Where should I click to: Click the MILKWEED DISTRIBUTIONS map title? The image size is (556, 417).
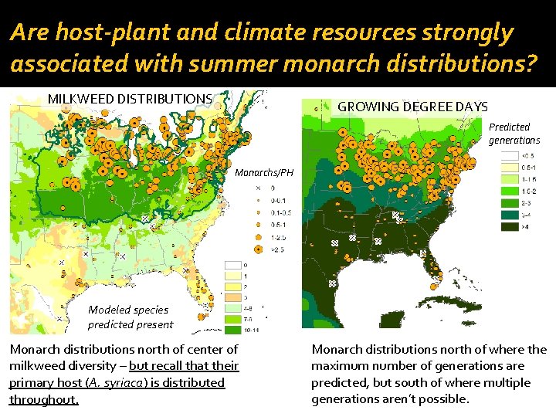130,98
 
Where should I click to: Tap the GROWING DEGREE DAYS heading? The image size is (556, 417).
413,107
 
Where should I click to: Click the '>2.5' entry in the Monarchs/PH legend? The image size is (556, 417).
258,249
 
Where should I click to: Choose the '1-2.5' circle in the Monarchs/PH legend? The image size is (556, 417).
258,237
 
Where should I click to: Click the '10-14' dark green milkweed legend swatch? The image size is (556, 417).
232,330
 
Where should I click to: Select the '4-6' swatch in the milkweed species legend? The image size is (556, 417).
232,307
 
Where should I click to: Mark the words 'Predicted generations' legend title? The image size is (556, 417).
514,134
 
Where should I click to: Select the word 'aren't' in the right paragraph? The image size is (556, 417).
385,399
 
